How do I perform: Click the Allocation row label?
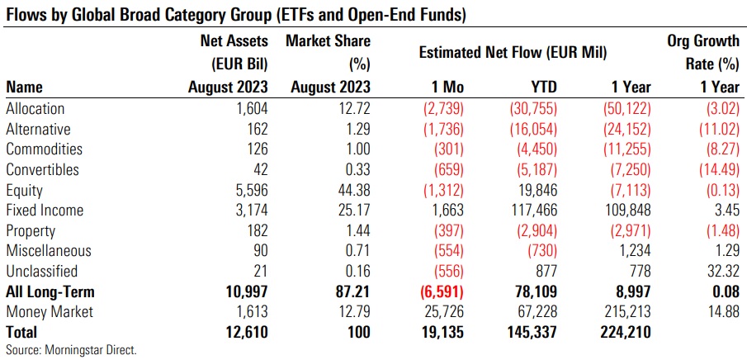35,108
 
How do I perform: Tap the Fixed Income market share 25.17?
353,211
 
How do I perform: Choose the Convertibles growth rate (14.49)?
712,170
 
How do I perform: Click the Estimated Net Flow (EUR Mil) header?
513,53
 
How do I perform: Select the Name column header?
24,87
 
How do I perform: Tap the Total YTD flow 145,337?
530,332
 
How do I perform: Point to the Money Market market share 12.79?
353,312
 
